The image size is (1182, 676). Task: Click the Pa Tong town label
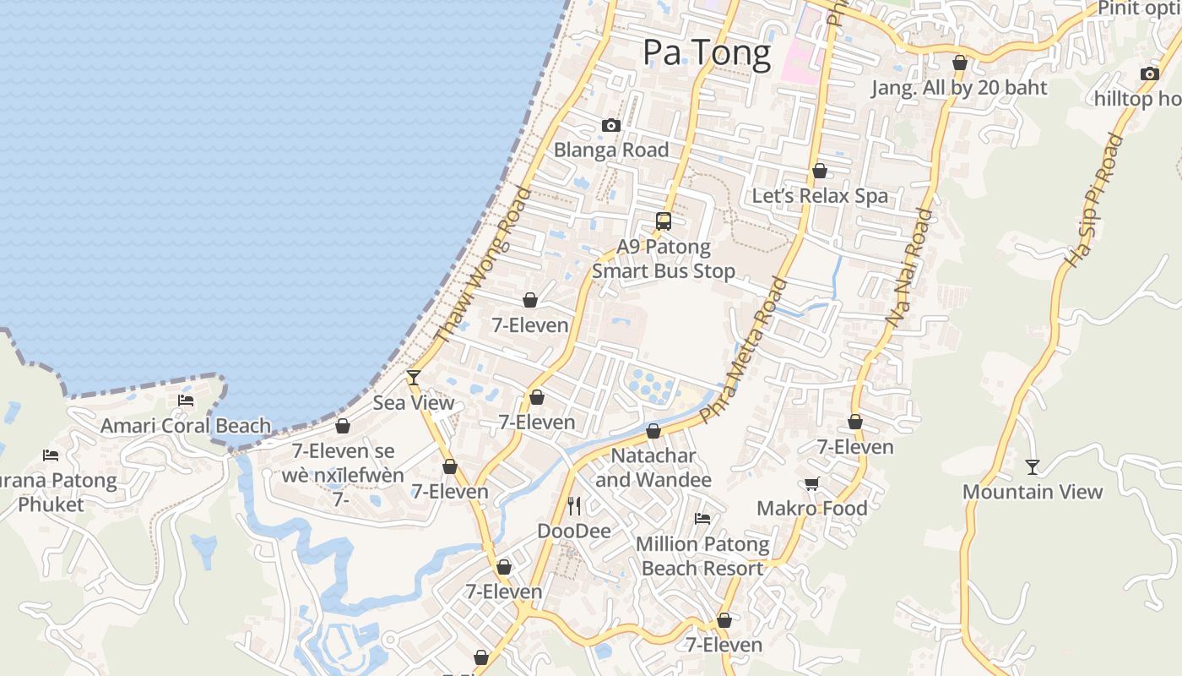pos(707,53)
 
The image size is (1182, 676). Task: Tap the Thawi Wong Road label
pos(483,265)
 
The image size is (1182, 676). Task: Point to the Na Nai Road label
pos(909,268)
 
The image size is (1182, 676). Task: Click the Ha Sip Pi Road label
pos(1094,201)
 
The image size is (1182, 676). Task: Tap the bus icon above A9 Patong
pos(664,221)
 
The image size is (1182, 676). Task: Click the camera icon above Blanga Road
pos(611,126)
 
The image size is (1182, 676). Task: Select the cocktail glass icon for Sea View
pos(414,377)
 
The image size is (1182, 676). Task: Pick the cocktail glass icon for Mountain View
pos(1033,466)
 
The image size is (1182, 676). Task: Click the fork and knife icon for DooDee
pos(574,506)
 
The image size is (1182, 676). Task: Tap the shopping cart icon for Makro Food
pos(812,483)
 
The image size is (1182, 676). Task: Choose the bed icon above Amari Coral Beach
pos(186,401)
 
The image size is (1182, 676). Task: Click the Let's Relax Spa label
pos(820,196)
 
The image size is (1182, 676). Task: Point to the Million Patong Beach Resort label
pos(702,556)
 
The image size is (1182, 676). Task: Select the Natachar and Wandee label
pos(653,468)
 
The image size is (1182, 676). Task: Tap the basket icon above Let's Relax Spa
pos(819,171)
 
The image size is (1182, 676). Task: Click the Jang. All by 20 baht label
pos(959,88)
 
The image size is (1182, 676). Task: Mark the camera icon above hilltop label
pos(1149,74)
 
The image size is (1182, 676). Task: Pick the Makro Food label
pos(812,508)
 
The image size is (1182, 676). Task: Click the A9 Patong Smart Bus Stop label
pos(664,259)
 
